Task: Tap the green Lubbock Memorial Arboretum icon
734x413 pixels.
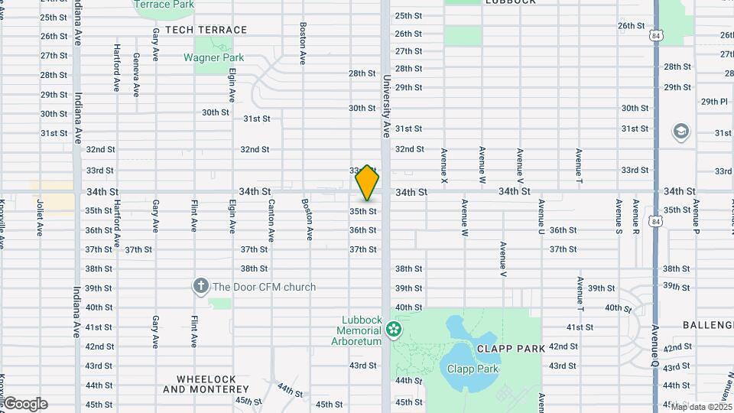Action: click(394, 330)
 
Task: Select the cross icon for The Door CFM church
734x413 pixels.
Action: click(200, 288)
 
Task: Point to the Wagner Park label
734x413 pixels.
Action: click(213, 57)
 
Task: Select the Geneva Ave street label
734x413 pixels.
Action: click(135, 74)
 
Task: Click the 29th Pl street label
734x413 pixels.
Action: click(714, 101)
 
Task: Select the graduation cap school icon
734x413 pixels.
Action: click(680, 132)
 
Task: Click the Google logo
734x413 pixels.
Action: click(26, 403)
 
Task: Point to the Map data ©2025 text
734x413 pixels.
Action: click(701, 406)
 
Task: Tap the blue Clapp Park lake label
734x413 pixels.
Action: click(473, 369)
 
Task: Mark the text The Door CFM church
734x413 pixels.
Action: click(264, 288)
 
